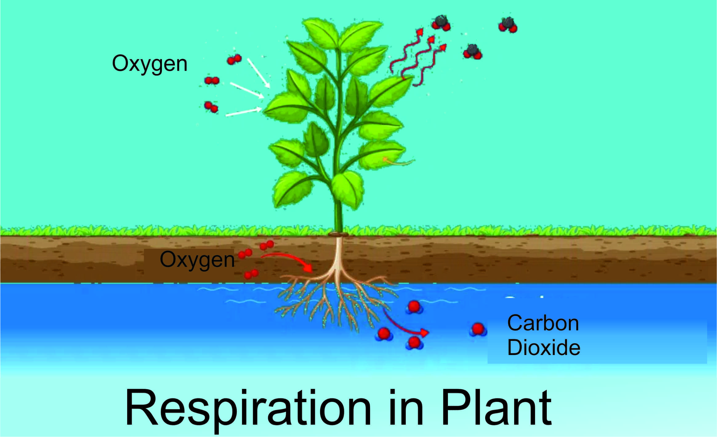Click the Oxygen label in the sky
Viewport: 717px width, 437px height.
[150, 64]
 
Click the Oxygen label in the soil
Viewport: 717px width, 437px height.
[197, 260]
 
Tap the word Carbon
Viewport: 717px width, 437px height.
[543, 323]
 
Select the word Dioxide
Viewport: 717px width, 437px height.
[544, 348]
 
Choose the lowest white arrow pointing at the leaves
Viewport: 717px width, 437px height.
[243, 112]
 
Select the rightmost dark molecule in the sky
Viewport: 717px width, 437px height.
[508, 25]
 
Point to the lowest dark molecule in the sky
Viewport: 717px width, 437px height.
[473, 52]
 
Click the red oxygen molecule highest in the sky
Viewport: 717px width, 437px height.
[234, 59]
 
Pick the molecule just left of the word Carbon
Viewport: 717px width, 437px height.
[478, 329]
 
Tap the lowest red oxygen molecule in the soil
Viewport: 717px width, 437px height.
[251, 274]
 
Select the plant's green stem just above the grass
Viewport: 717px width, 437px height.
[338, 216]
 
